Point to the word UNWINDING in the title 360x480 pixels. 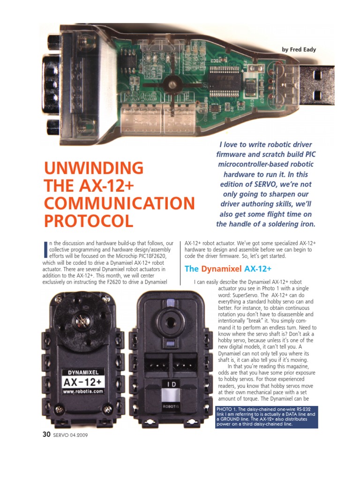94,168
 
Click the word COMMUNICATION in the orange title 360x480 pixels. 119,203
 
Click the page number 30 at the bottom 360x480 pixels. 46,434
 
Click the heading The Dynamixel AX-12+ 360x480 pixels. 228,269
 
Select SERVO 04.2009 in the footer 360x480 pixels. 70,435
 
